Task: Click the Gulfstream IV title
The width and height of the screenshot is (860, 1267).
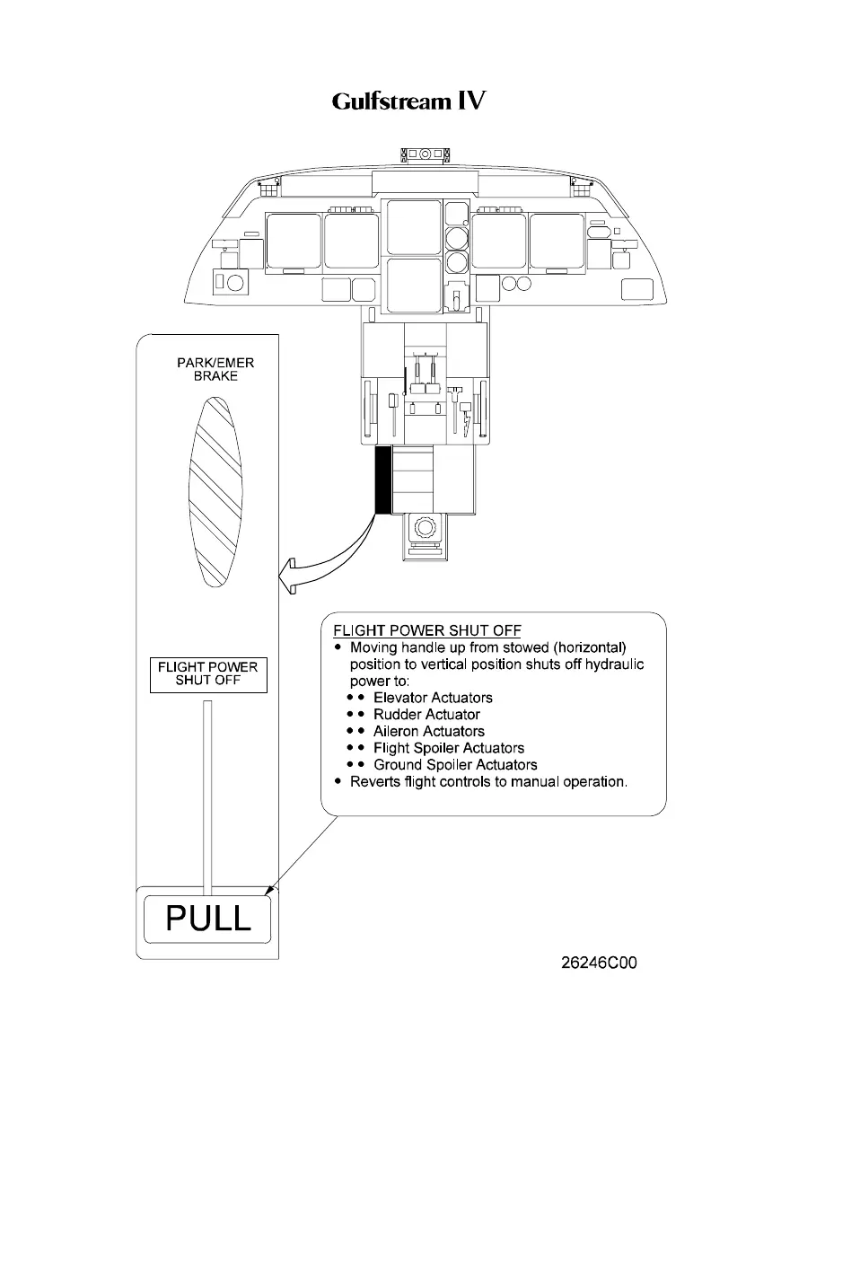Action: tap(408, 101)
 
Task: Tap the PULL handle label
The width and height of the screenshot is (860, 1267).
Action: tap(207, 918)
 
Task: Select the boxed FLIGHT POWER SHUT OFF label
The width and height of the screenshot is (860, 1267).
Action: tap(207, 673)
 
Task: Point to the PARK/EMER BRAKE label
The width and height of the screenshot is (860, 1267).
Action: tap(215, 369)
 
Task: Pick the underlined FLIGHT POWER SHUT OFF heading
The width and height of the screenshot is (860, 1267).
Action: tap(426, 630)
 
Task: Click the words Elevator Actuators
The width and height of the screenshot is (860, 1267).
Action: tap(433, 698)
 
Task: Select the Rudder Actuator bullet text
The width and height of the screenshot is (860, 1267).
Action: tap(426, 715)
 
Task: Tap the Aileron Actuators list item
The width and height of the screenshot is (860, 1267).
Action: tap(428, 731)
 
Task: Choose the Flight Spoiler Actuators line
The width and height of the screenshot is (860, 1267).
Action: tap(448, 748)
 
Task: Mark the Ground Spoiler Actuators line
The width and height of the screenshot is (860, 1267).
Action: tap(455, 765)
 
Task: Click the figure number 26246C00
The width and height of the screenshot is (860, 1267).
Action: tap(599, 963)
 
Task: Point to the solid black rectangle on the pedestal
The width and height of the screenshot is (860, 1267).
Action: tap(383, 480)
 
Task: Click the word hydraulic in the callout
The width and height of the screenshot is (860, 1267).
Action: tap(613, 664)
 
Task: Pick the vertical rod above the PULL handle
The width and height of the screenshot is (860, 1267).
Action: tap(208, 795)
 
